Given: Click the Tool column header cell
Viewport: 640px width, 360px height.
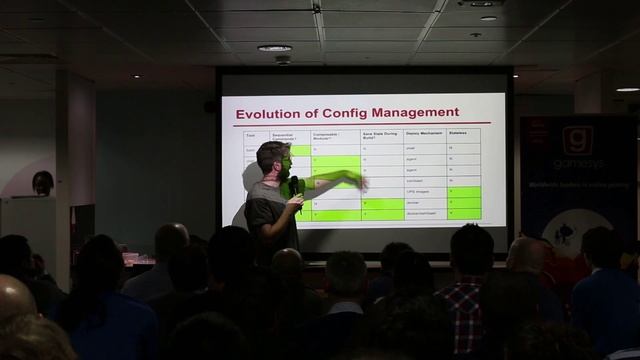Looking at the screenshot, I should (x=251, y=135).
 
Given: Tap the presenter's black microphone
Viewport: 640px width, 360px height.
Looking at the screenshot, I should (x=294, y=186).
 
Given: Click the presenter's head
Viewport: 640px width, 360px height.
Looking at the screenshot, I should (x=272, y=158).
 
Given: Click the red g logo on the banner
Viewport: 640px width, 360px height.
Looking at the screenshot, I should (x=577, y=141).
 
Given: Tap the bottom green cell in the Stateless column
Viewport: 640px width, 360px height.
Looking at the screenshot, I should (x=463, y=214).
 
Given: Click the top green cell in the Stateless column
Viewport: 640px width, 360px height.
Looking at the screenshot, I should (x=463, y=191).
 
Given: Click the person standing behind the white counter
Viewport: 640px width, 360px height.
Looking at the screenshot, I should (x=42, y=182).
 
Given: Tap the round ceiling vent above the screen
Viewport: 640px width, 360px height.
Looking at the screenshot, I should (x=274, y=48).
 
